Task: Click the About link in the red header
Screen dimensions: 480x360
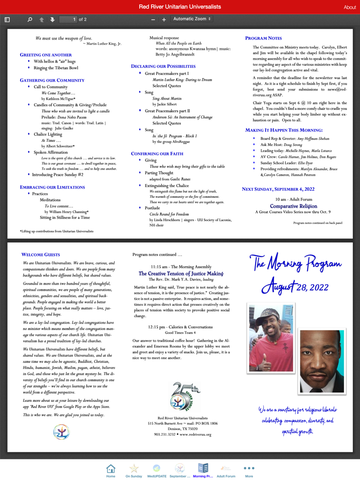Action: pos(350,7)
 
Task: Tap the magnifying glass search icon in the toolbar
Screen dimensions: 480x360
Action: pos(29,20)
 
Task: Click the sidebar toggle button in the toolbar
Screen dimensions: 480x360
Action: pos(7,20)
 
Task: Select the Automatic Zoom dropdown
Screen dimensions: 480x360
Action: pos(192,19)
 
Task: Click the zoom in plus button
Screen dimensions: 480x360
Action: pos(164,20)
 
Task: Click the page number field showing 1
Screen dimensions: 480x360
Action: pos(68,20)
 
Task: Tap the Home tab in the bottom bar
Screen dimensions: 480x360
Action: pos(111,470)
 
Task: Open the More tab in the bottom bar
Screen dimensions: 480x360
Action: pos(249,470)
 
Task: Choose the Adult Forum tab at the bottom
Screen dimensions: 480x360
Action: pos(226,470)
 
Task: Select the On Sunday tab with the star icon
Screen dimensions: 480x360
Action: pos(134,470)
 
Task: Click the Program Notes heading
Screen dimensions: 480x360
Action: pos(263,39)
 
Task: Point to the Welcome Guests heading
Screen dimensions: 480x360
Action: pos(41,254)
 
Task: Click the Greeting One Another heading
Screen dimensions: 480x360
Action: pos(46,54)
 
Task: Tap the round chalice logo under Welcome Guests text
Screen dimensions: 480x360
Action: pos(61,432)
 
